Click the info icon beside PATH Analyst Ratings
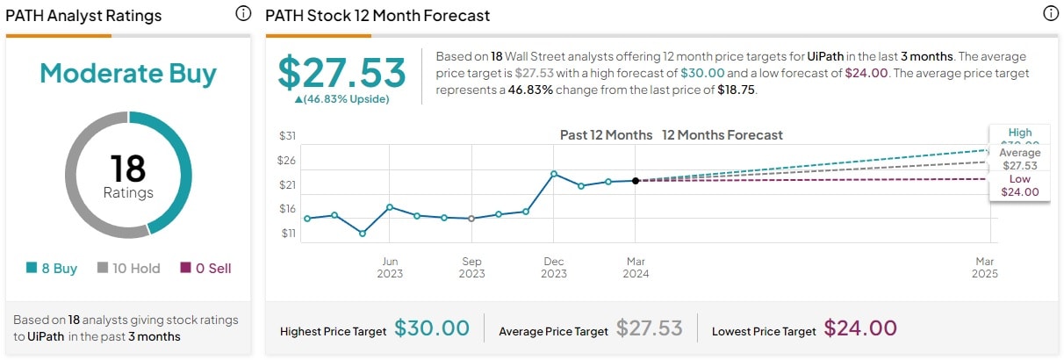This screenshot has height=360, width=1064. [x=243, y=14]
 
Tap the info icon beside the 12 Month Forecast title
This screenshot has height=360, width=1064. [x=1050, y=14]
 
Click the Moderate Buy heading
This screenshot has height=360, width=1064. [x=128, y=74]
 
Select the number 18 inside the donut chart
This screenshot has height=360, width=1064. [x=128, y=169]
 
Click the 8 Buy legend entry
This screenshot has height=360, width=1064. [x=53, y=269]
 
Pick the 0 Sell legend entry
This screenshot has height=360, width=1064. [x=206, y=269]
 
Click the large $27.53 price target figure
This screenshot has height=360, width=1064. [x=341, y=73]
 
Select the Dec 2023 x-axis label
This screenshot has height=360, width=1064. [x=554, y=267]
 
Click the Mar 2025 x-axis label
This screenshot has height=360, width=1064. [x=984, y=267]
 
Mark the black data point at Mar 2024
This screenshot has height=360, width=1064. [x=636, y=181]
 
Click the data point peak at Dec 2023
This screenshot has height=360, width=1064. [x=554, y=174]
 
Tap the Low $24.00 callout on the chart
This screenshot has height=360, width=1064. [x=1019, y=186]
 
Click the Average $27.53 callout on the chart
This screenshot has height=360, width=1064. [x=1019, y=159]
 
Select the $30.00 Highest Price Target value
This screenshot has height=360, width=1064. [x=431, y=329]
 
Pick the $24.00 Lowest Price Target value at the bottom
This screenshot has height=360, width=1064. [x=859, y=329]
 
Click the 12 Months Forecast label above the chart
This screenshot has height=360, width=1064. [x=722, y=135]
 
